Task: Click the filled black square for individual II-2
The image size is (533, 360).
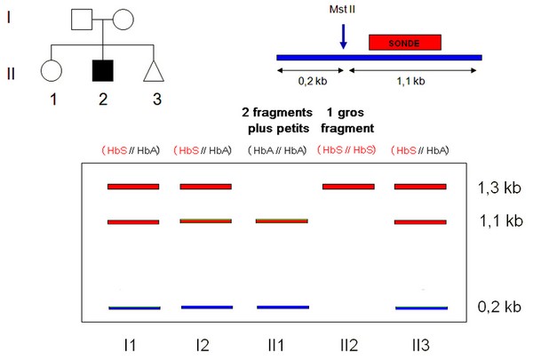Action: click(103, 71)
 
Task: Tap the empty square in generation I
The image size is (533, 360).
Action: click(82, 20)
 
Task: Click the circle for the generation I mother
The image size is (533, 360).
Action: click(123, 20)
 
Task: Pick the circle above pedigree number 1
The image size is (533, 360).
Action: click(52, 71)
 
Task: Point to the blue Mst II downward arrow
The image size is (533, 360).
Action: click(343, 36)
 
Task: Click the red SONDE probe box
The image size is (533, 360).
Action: click(405, 43)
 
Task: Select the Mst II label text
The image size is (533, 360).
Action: click(342, 9)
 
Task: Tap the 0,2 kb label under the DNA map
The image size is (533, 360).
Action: click(313, 81)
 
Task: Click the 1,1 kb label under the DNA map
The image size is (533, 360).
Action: click(410, 81)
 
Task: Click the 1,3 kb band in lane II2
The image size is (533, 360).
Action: click(348, 187)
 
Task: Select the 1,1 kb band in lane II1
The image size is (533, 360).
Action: click(282, 221)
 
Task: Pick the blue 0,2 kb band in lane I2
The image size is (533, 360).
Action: click(207, 308)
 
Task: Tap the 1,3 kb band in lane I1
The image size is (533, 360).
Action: click(133, 187)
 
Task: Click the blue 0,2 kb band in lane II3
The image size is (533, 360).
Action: click(421, 308)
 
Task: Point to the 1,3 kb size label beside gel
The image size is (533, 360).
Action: click(499, 188)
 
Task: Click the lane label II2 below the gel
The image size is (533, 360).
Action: click(349, 346)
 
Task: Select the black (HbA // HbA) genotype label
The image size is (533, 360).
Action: click(277, 150)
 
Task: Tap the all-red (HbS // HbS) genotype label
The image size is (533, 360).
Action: click(346, 149)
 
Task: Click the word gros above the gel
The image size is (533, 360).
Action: click(351, 113)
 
